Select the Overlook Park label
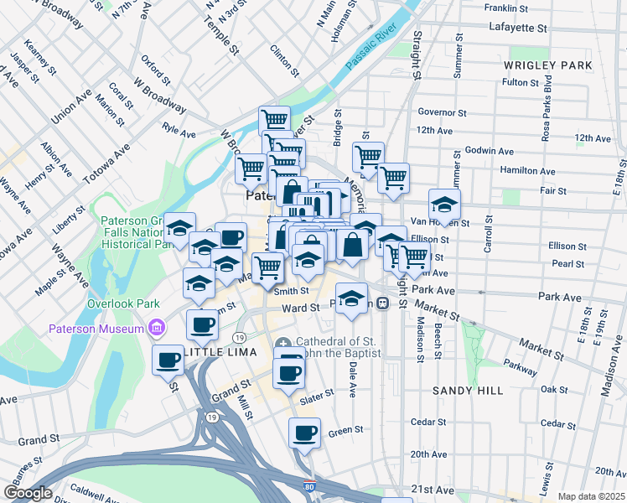126,303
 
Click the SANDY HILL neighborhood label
468,391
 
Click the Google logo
28,493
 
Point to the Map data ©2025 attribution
592,496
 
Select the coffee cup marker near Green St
304,433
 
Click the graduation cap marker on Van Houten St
444,204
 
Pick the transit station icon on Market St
382,303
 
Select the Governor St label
442,112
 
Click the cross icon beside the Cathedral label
283,344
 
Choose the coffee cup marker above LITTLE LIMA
200,324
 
